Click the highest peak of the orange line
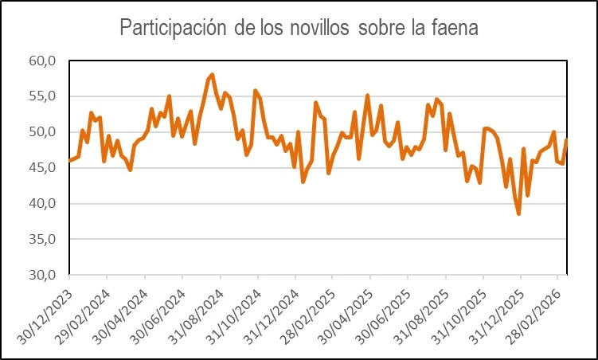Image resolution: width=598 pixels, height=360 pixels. click(212, 75)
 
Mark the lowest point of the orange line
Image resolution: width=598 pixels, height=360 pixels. click(518, 213)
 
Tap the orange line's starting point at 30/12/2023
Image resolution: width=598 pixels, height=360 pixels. click(69, 161)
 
